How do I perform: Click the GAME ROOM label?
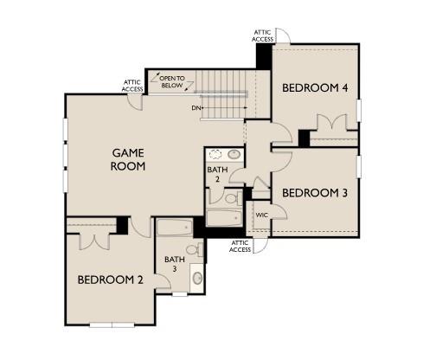[x=127, y=159]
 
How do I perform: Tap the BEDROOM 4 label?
[x=315, y=88]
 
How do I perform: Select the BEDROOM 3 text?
[x=315, y=192]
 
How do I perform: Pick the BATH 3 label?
[x=176, y=264]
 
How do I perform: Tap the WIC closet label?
[x=261, y=213]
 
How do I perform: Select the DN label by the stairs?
[x=197, y=108]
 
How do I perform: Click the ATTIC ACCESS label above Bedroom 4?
[x=264, y=35]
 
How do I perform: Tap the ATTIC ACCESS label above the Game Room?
[x=133, y=86]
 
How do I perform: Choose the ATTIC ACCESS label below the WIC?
[x=240, y=247]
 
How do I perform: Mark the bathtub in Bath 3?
[x=174, y=229]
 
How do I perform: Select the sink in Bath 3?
[x=197, y=279]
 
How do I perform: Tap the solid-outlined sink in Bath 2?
[x=234, y=156]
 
